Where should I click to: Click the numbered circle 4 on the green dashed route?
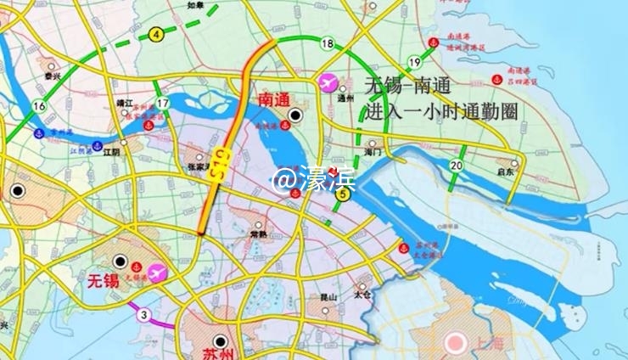pyautogui.click(x=156, y=35)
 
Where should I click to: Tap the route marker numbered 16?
pyautogui.click(x=39, y=106)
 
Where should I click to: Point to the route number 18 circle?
pyautogui.click(x=328, y=43)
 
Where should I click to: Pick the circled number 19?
pyautogui.click(x=415, y=62)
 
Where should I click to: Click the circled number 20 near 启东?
pyautogui.click(x=457, y=165)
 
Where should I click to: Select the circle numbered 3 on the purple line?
pyautogui.click(x=144, y=315)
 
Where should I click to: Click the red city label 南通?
pyautogui.click(x=274, y=100)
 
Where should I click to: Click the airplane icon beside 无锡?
pyautogui.click(x=156, y=273)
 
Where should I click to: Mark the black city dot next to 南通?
pyautogui.click(x=295, y=115)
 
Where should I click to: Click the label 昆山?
pyautogui.click(x=326, y=296)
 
